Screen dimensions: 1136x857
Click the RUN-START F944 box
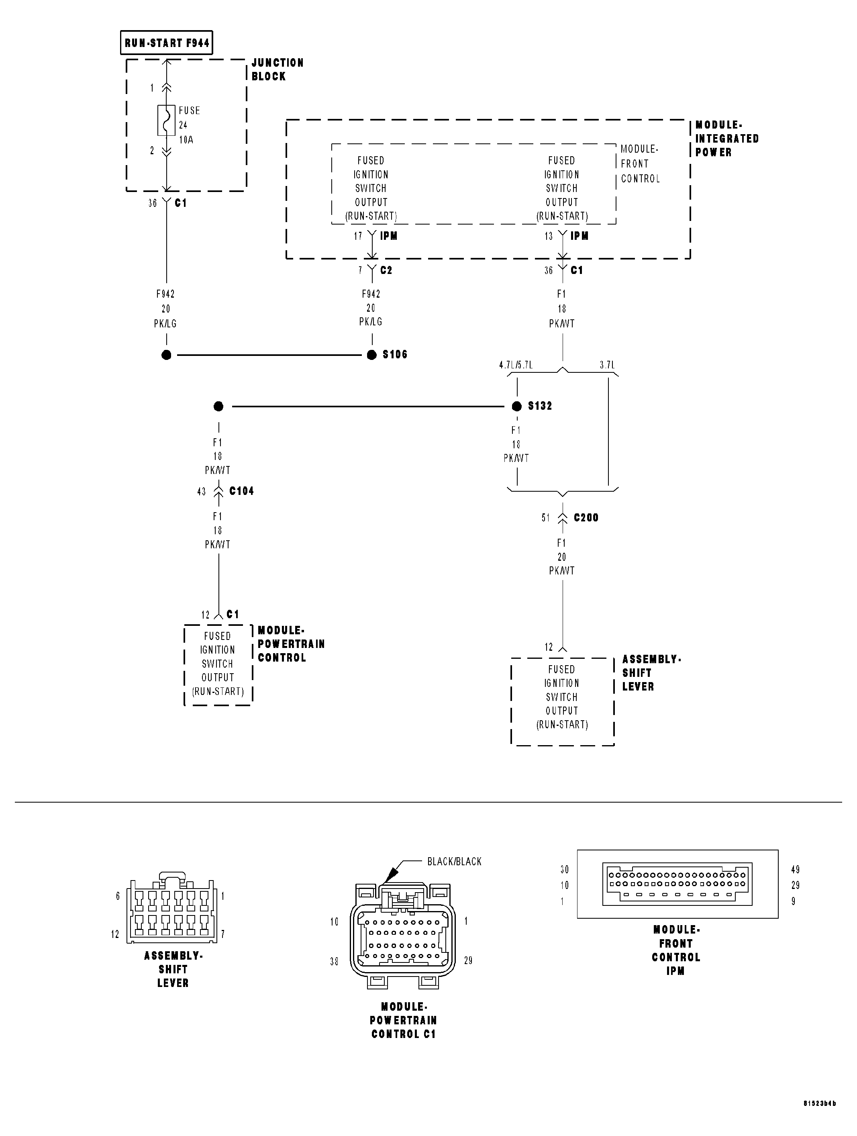[x=166, y=43]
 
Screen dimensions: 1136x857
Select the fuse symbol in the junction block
[x=166, y=121]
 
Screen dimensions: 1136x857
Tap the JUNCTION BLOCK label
[x=277, y=69]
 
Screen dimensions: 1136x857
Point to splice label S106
[x=394, y=355]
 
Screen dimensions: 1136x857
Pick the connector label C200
[x=586, y=518]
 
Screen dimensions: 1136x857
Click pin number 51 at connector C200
[x=546, y=518]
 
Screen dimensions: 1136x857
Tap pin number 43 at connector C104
[x=201, y=492]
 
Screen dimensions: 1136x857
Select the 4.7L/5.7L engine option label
[x=516, y=365]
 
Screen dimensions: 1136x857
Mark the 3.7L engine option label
[x=607, y=365]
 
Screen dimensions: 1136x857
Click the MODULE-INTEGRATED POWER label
[x=726, y=139]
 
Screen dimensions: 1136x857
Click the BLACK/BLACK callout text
[x=455, y=862]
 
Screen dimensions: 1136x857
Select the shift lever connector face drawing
[x=173, y=911]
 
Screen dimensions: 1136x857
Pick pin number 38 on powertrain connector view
[x=334, y=961]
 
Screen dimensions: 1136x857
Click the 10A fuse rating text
[x=186, y=140]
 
